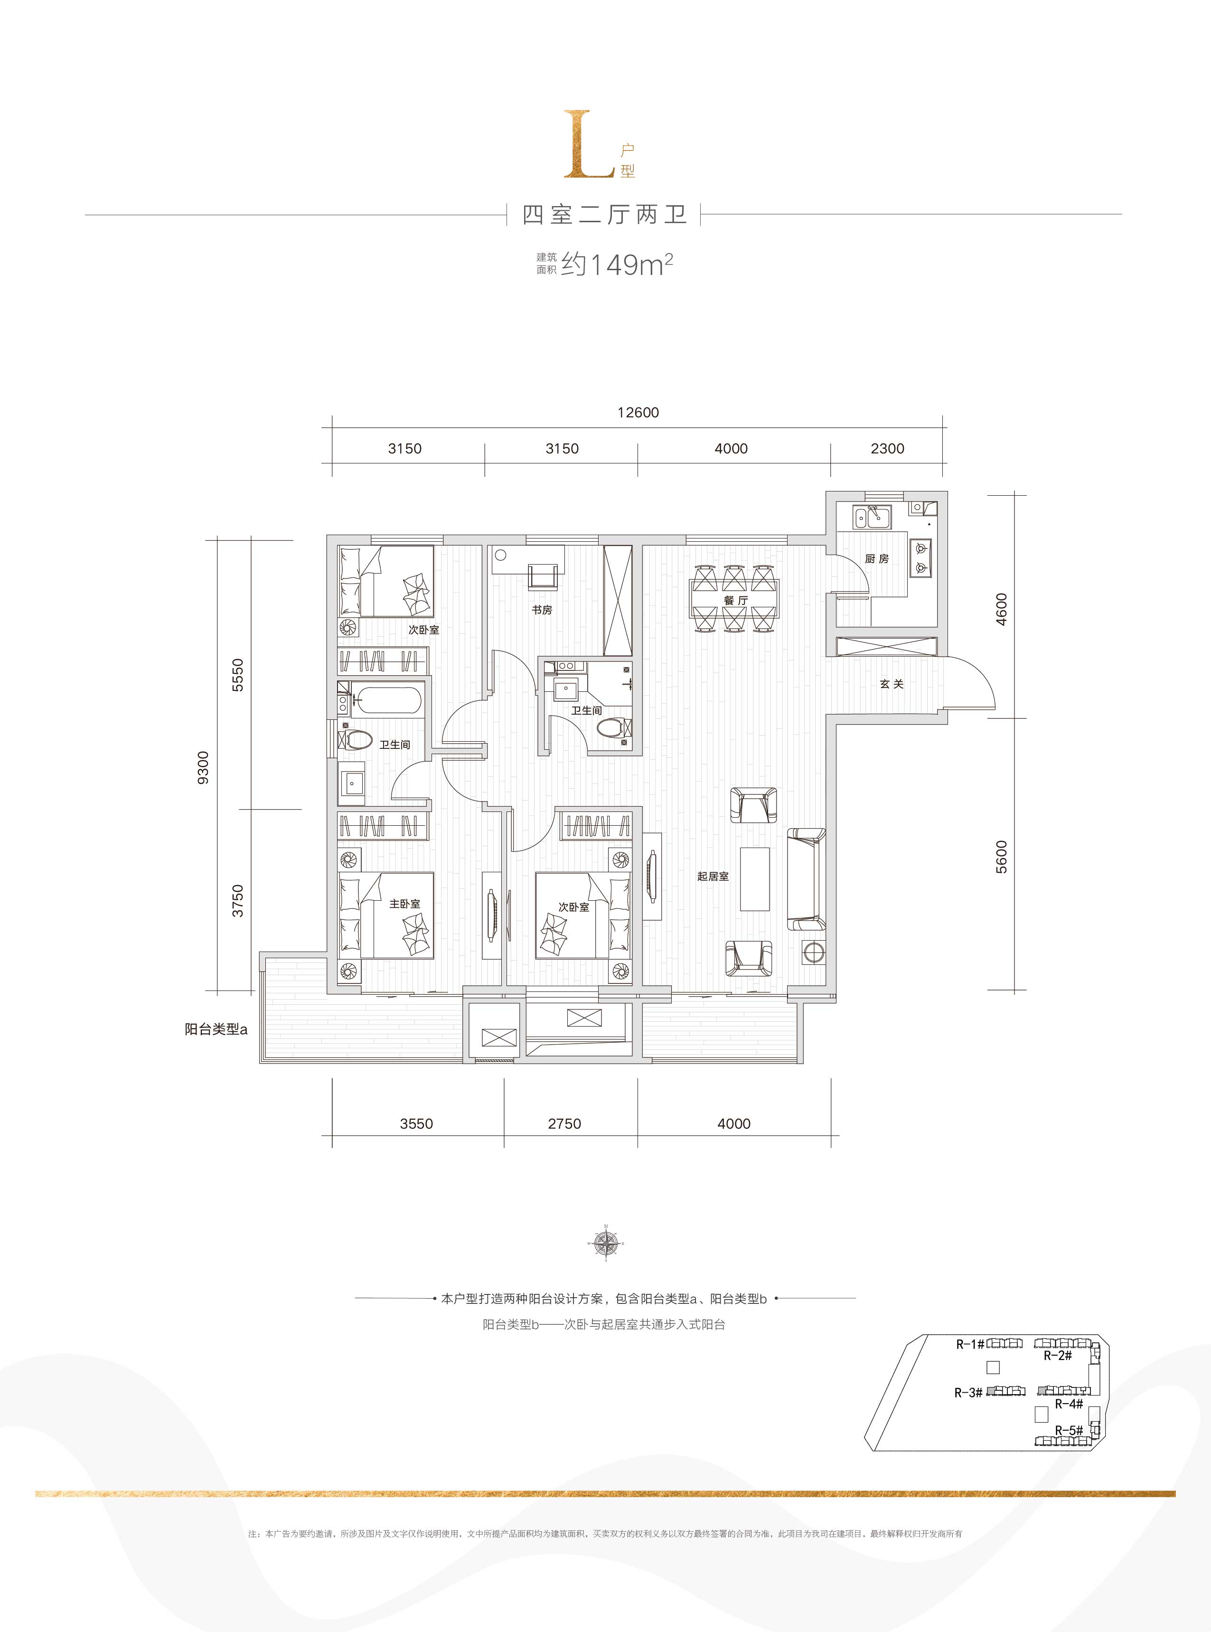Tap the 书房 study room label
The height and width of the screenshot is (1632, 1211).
click(542, 610)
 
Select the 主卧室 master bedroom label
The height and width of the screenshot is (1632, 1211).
click(404, 904)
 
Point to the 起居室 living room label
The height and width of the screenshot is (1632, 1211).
click(713, 876)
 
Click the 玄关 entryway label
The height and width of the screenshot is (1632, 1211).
click(892, 684)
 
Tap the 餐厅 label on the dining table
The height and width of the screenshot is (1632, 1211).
click(735, 601)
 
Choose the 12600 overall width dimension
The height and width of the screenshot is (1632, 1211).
click(638, 413)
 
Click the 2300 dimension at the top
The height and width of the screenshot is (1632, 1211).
click(887, 449)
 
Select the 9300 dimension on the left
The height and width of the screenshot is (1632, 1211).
click(203, 767)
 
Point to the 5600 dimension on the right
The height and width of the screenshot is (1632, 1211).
click(1001, 856)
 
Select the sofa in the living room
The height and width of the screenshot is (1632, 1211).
click(806, 879)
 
